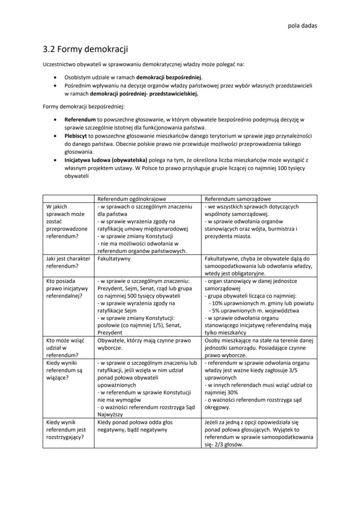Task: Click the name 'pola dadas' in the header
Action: pyautogui.click(x=303, y=25)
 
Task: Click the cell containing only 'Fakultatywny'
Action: pyautogui.click(x=114, y=259)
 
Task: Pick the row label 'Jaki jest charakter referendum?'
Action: pyautogui.click(x=68, y=262)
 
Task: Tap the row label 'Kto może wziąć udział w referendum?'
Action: pyautogui.click(x=63, y=348)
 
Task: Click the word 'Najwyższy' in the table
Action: pyautogui.click(x=112, y=415)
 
